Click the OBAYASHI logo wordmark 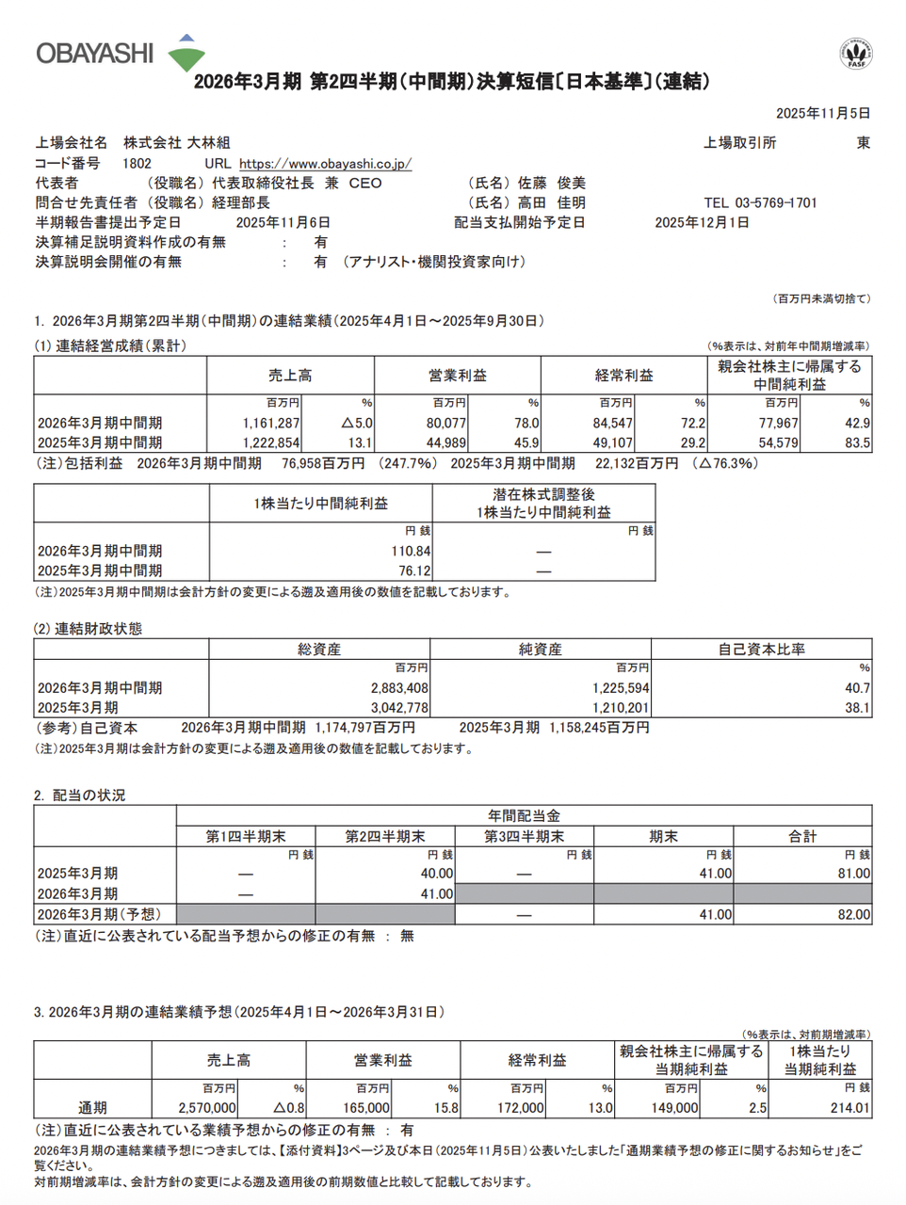pyautogui.click(x=94, y=53)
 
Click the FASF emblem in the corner pyautogui.click(x=856, y=55)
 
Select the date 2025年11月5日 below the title pyautogui.click(x=822, y=114)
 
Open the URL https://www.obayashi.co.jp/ pyautogui.click(x=325, y=164)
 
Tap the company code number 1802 pyautogui.click(x=137, y=164)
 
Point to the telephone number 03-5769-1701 pyautogui.click(x=775, y=203)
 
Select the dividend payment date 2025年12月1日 pyautogui.click(x=702, y=223)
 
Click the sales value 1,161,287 pyautogui.click(x=271, y=424)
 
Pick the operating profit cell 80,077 pyautogui.click(x=446, y=424)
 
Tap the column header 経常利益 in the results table pyautogui.click(x=623, y=376)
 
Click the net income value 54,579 pyautogui.click(x=779, y=443)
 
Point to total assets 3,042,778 pyautogui.click(x=399, y=708)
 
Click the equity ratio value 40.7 pyautogui.click(x=857, y=688)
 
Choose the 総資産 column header pyautogui.click(x=319, y=650)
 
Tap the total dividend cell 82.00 pyautogui.click(x=853, y=915)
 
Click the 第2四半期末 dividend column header pyautogui.click(x=385, y=836)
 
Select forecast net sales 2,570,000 pyautogui.click(x=207, y=1108)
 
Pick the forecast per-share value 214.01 pyautogui.click(x=850, y=1108)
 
